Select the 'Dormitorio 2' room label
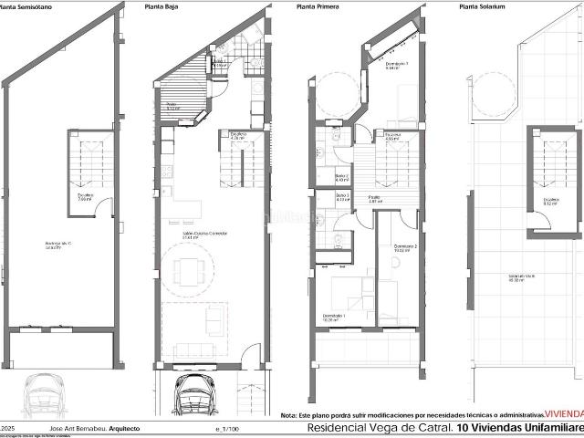(x=406, y=248)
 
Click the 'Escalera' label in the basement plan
(x=84, y=197)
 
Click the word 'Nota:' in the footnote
(x=289, y=413)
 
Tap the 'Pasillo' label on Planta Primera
(x=373, y=197)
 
